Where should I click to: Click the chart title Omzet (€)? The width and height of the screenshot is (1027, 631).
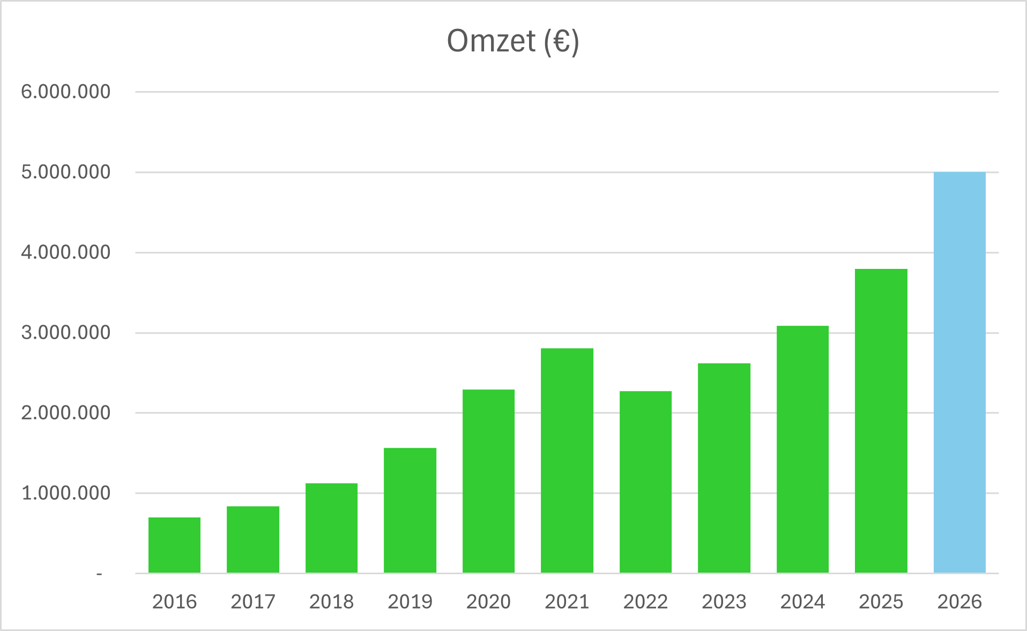point(513,41)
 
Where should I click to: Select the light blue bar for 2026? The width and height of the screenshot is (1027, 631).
point(959,372)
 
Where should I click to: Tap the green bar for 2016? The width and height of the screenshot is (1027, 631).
point(174,545)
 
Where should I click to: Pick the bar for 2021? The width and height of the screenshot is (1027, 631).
point(567,460)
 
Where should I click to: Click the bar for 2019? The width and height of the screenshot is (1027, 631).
point(410,510)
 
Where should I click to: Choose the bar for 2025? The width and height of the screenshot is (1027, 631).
point(881,420)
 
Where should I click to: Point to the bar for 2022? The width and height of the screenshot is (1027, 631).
point(645,482)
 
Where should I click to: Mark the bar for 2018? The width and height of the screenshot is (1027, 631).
point(331,528)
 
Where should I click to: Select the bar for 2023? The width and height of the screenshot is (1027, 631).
point(724,468)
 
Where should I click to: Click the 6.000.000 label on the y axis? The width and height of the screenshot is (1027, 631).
point(65,92)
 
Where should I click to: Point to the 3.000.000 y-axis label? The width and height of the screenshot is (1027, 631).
point(65,333)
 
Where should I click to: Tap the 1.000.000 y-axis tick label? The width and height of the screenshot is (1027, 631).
point(65,493)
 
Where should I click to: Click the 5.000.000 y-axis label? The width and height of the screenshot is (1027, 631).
point(65,172)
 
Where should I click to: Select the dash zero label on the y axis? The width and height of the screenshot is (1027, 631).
point(99,574)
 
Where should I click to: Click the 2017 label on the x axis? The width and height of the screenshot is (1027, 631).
point(253,602)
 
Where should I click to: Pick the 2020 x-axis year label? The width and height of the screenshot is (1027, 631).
point(488,602)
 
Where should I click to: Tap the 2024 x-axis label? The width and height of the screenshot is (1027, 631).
point(802,602)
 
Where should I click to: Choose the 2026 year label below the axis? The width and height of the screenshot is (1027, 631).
point(959,602)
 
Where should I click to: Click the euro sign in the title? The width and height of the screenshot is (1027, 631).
point(561,41)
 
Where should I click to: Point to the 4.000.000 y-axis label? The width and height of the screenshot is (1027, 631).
point(65,252)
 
